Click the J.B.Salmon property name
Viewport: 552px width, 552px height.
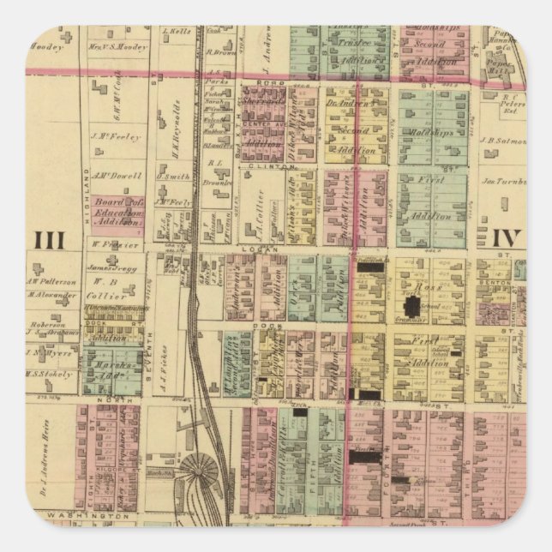click(502, 142)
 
